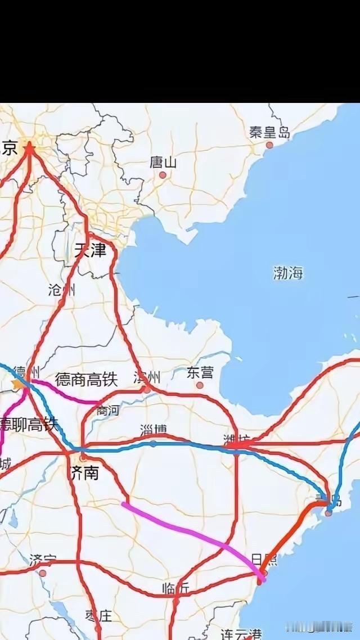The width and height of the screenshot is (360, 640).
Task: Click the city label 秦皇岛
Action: (270, 133)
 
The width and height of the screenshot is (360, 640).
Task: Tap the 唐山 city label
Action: (163, 163)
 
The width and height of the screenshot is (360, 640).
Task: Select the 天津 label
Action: (90, 250)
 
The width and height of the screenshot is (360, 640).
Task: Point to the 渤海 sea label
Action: (288, 273)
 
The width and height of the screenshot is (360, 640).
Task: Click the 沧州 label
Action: (61, 290)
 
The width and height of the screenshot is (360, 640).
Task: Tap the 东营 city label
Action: (200, 373)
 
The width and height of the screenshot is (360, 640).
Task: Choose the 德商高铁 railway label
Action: (86, 380)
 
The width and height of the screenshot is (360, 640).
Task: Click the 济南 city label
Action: (84, 472)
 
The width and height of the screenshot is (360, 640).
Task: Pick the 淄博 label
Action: (154, 431)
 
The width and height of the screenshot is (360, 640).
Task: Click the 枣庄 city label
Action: (98, 615)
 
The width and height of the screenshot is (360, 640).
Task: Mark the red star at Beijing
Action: (29, 147)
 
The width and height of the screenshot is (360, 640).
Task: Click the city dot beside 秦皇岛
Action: (269, 145)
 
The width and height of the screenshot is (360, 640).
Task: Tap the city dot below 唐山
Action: (163, 175)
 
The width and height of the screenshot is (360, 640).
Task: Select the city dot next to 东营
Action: (200, 385)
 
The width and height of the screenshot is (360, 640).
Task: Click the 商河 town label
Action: (107, 411)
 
